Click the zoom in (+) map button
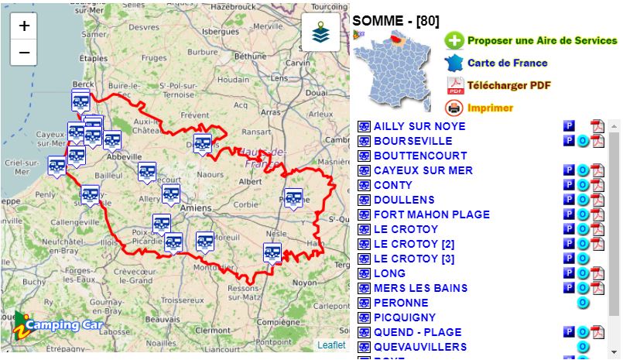tap(24, 26)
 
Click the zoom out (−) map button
tap(24, 53)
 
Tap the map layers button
tap(320, 33)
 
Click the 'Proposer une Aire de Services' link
tap(542, 41)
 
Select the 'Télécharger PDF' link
tap(508, 85)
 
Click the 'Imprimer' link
tap(490, 108)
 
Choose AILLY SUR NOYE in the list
tap(419, 126)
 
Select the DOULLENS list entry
tap(404, 200)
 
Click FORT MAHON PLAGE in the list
tap(431, 214)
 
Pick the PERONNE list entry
tap(401, 303)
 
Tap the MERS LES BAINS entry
tap(420, 288)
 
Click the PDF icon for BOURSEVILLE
tap(597, 141)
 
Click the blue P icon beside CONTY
tap(569, 185)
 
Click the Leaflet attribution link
tap(331, 345)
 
